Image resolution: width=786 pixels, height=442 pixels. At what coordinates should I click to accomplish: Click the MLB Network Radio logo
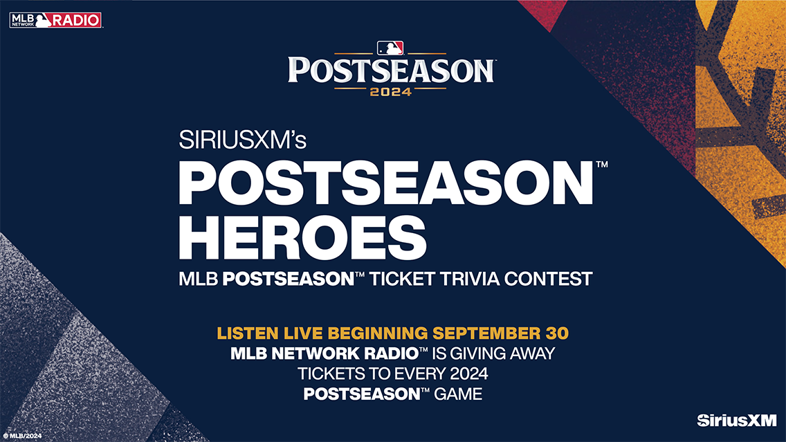pyautogui.click(x=55, y=20)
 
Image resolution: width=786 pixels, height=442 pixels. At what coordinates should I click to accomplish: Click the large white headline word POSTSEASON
pyautogui.click(x=385, y=183)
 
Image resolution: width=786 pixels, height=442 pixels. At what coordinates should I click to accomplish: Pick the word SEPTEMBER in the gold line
pyautogui.click(x=484, y=333)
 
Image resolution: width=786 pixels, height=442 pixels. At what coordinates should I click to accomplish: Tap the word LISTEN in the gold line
pyautogui.click(x=246, y=333)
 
